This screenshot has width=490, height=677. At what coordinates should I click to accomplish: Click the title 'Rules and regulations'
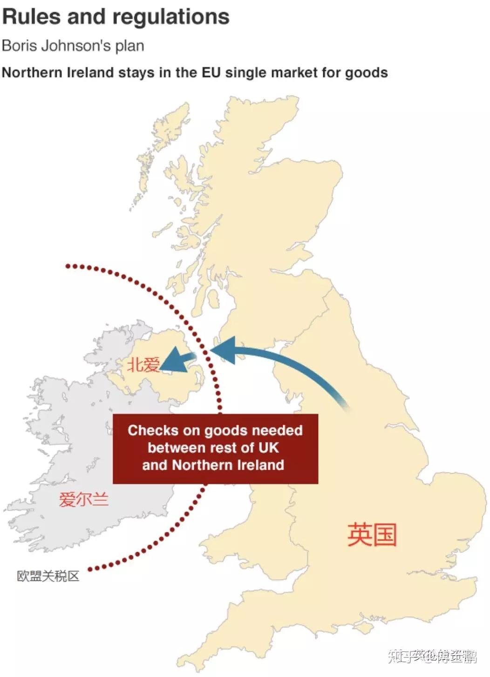(116, 17)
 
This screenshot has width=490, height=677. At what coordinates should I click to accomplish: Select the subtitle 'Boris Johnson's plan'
(73, 46)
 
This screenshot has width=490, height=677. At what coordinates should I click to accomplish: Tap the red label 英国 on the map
(372, 534)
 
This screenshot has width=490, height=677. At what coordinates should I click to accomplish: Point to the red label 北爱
(143, 365)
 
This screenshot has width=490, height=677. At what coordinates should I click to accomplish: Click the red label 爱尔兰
(83, 499)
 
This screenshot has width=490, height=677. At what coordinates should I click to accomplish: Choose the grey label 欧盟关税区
(48, 576)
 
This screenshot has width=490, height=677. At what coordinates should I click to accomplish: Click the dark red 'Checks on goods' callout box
(215, 448)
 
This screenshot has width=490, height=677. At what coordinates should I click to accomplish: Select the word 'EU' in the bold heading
(211, 73)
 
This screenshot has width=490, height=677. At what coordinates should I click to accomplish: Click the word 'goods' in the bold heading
(366, 73)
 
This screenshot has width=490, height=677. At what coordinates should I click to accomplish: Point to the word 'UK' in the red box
(269, 448)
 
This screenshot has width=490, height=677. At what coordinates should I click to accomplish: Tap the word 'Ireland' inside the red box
(260, 465)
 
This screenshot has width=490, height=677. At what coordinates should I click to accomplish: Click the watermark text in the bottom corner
(432, 656)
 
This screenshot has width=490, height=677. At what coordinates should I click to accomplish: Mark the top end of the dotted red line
(68, 266)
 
